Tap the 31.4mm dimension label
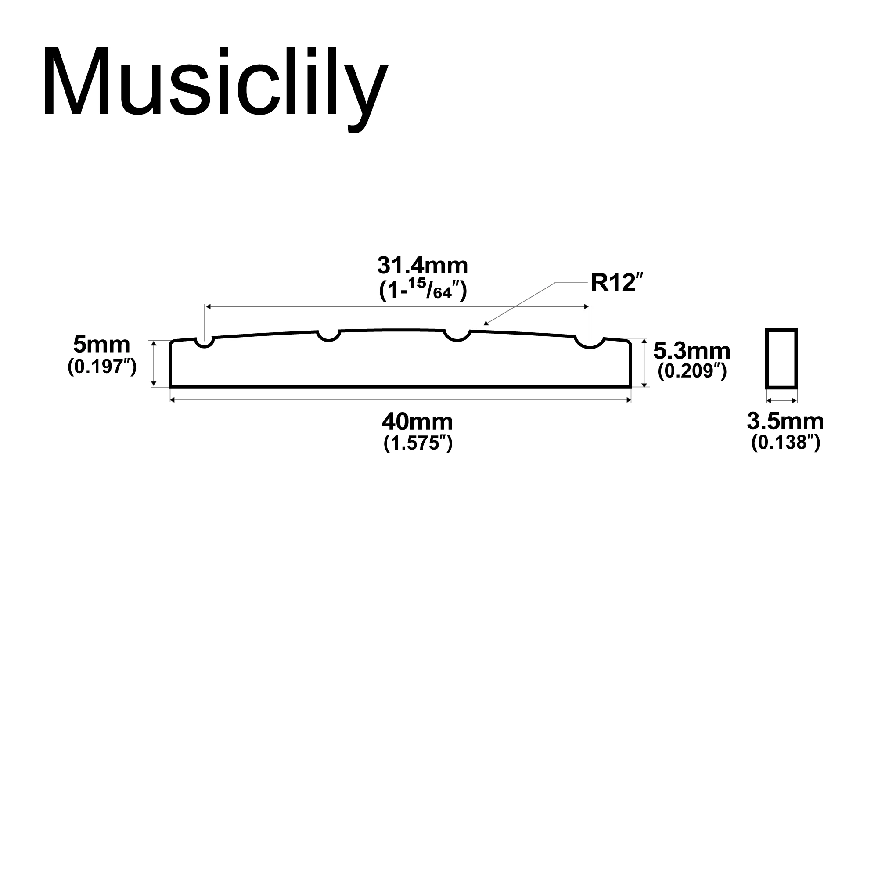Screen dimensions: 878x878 [422, 266]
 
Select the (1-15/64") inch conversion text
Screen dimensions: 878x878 [423, 291]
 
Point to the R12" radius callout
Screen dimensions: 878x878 [618, 283]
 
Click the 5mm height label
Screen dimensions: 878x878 [101, 345]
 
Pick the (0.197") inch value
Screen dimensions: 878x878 [102, 366]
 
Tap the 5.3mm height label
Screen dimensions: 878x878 [692, 351]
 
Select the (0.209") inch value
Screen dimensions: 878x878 [692, 371]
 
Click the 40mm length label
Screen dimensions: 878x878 [417, 422]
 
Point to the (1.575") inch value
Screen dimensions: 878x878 [417, 443]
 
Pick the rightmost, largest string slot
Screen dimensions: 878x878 [590, 343]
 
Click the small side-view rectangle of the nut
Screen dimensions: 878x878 [782, 359]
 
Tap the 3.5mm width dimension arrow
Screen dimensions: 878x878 [782, 400]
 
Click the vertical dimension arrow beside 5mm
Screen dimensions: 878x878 [154, 363]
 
